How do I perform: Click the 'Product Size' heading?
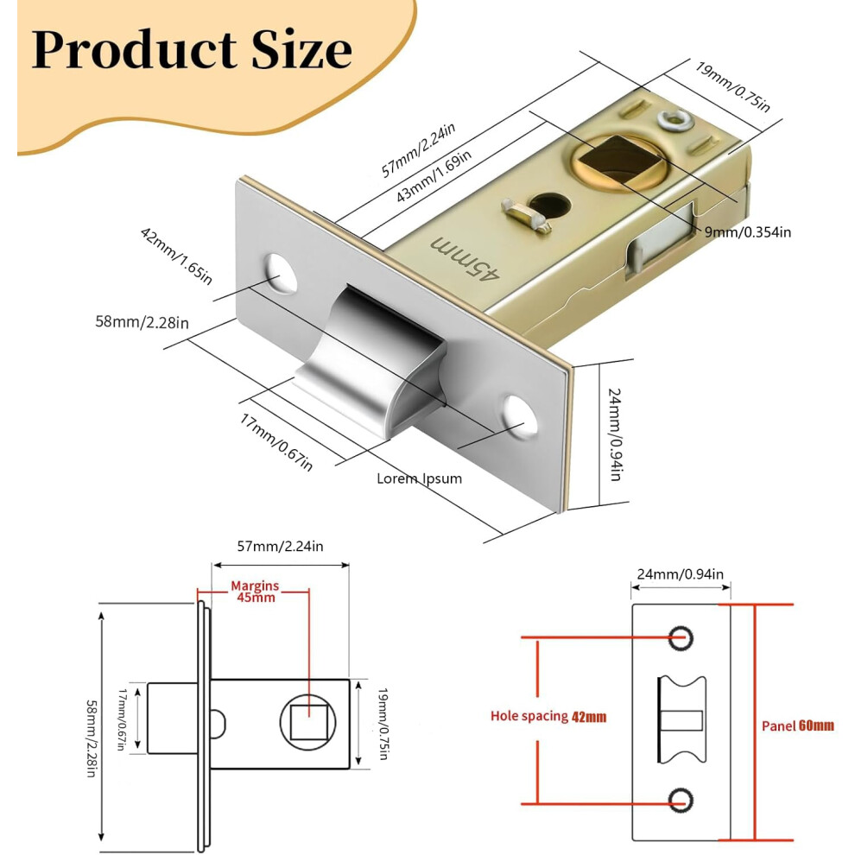click(192, 49)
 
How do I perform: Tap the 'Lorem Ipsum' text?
click(420, 478)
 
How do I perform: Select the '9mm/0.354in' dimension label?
click(748, 232)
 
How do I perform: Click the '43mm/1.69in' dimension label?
click(434, 176)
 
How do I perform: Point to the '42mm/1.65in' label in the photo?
click(176, 256)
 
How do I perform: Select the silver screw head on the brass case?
click(675, 119)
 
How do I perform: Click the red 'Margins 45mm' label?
click(255, 592)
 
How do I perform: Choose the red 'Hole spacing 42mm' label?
click(548, 716)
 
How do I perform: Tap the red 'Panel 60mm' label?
click(798, 725)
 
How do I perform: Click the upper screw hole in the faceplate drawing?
click(681, 636)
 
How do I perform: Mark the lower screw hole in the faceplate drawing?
click(681, 801)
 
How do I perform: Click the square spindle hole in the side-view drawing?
click(307, 722)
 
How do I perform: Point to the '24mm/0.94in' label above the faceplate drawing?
click(680, 574)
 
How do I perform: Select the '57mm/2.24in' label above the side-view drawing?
click(280, 547)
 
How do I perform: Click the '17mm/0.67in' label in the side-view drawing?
click(122, 719)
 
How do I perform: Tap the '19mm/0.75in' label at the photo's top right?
click(732, 86)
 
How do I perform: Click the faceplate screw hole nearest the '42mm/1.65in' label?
click(281, 273)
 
